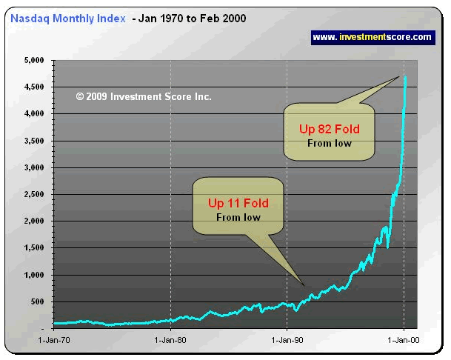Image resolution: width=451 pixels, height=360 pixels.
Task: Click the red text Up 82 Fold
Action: [330, 129]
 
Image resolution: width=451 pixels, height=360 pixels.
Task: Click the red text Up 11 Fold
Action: [238, 203]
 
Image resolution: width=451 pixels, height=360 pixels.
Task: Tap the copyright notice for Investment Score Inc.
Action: [144, 96]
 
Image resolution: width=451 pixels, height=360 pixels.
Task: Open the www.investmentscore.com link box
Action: [372, 36]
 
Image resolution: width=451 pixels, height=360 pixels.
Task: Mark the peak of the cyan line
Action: [405, 76]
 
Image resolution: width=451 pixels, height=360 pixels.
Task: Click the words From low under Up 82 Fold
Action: [330, 143]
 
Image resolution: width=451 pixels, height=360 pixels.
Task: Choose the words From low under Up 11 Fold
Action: [238, 217]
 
